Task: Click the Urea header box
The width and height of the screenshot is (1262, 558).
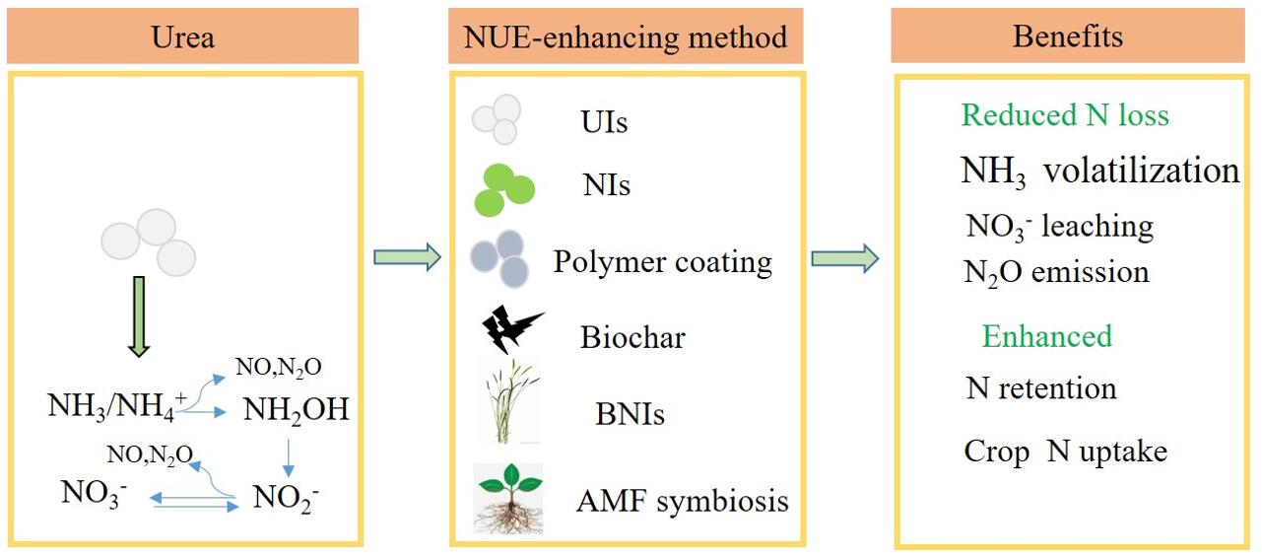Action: [x=183, y=38]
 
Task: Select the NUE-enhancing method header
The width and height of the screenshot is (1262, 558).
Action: [x=627, y=38]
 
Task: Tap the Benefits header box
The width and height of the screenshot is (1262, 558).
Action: [x=1068, y=38]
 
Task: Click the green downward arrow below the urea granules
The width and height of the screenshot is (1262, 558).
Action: [x=139, y=315]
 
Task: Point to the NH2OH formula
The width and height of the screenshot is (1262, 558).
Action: [x=297, y=408]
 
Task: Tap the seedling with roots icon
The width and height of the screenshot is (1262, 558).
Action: [x=508, y=498]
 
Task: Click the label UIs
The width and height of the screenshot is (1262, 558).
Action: [x=604, y=123]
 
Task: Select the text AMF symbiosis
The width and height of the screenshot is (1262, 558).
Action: [x=683, y=500]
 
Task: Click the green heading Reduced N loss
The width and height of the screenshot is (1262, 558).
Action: [x=1065, y=115]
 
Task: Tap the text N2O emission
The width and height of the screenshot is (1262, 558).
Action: [x=1056, y=271]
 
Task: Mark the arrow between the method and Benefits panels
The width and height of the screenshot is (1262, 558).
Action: [x=844, y=258]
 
